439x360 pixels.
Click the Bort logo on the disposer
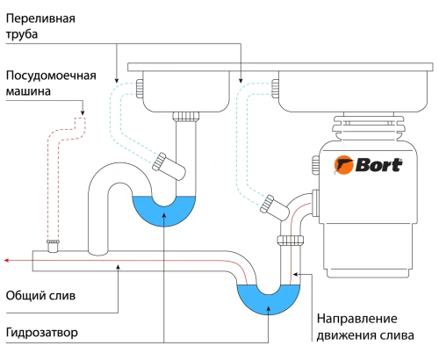368,164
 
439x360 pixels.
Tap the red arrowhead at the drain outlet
7,261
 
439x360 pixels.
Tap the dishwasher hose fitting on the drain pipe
54,242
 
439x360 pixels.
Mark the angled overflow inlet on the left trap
163,161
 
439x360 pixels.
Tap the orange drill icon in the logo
343,164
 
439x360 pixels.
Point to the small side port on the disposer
313,162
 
